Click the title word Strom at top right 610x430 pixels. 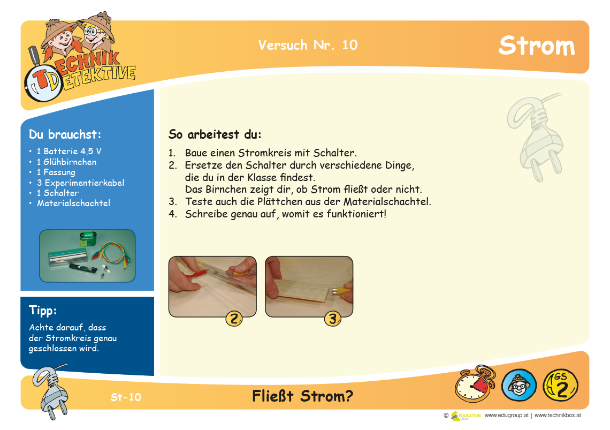coord(537,46)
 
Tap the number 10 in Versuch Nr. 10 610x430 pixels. coord(350,45)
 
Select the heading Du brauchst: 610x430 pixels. coord(65,134)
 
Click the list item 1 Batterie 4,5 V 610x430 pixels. coord(69,151)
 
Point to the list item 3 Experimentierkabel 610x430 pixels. coord(80,183)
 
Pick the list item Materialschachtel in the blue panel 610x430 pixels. coord(73,203)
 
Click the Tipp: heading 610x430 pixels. coord(43,311)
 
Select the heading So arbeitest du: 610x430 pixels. coord(215,135)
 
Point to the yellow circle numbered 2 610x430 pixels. coord(234,319)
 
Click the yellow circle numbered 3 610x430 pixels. coord(333,319)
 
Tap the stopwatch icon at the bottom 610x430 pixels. coord(475,383)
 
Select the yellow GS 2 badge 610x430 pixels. coord(561,386)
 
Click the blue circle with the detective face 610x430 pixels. coord(519,386)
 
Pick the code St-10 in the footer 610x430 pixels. coord(126,397)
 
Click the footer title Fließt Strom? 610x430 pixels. coord(303,396)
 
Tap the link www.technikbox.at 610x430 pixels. coord(558,415)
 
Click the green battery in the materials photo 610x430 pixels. coord(88,239)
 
